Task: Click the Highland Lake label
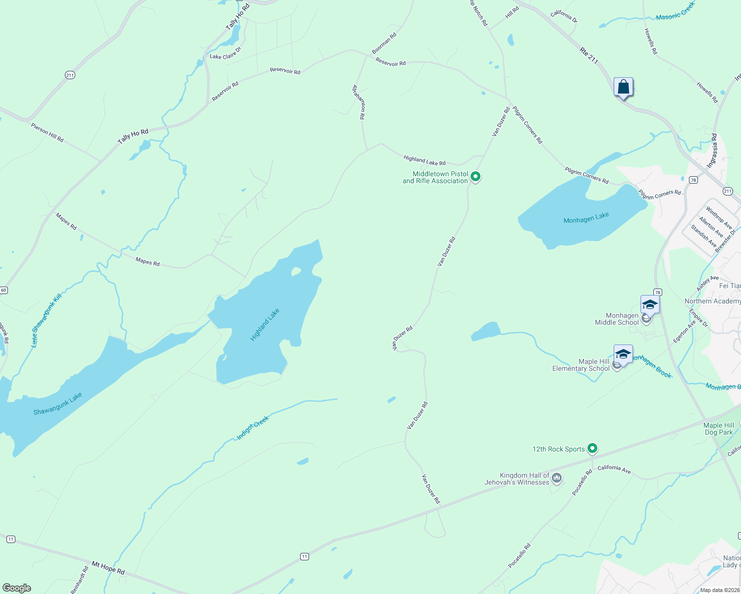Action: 265,324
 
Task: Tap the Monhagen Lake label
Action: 586,218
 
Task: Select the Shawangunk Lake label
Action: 57,404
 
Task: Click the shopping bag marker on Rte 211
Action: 623,88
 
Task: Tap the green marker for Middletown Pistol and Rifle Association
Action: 476,176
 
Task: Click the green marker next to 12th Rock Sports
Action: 592,448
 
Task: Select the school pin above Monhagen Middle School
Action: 649,305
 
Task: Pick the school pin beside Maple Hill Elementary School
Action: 623,354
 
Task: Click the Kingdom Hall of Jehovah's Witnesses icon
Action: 557,478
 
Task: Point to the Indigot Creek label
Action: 253,428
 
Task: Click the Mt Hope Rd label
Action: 108,567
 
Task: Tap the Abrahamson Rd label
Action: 359,102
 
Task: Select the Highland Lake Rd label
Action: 424,160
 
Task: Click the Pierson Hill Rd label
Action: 47,133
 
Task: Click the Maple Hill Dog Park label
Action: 719,429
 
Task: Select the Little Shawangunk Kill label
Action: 46,320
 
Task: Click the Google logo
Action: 17,588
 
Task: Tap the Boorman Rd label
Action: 384,44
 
